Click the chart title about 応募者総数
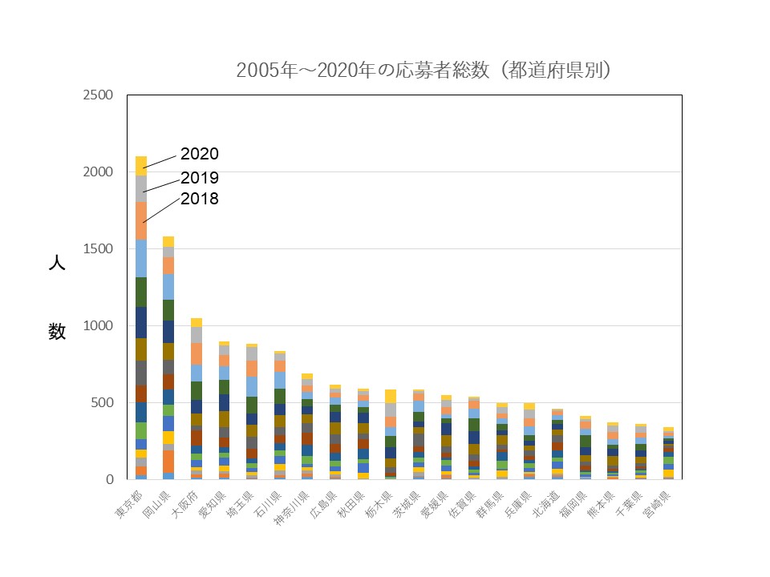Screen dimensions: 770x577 point(423,71)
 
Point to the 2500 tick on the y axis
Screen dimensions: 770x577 point(98,95)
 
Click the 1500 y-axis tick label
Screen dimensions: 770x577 point(98,248)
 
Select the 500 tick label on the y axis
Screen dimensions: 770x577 point(102,403)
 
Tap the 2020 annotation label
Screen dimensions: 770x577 point(200,154)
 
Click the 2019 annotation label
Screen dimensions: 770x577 point(200,178)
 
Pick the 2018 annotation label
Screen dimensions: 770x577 point(200,199)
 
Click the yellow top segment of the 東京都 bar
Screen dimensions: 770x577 point(141,166)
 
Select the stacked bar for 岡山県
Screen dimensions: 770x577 point(168,357)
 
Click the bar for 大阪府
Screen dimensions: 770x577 point(197,398)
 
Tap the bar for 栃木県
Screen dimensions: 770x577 point(391,434)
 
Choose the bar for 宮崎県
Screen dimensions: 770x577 point(668,454)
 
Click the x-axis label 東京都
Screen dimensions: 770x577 point(128,504)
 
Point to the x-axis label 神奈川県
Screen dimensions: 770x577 point(292,507)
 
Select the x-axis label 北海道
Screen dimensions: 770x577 point(545,504)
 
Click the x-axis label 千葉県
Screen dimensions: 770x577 point(629,504)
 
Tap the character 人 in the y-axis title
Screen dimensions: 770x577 point(57,263)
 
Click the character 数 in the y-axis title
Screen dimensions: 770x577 point(57,332)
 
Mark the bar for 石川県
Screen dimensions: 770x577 point(280,415)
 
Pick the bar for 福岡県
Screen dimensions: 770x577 point(586,447)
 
